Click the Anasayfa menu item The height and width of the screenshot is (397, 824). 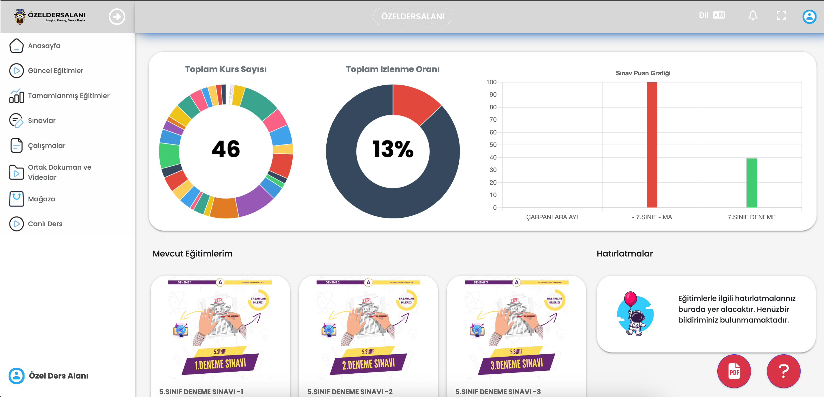(44, 46)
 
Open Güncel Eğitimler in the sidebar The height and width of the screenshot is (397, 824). (55, 70)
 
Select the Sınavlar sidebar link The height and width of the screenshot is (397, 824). (42, 120)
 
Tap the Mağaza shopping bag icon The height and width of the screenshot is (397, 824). (16, 199)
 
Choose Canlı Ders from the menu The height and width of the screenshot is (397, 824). (45, 224)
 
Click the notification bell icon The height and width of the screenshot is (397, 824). (753, 15)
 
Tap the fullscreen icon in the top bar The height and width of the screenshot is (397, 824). (781, 15)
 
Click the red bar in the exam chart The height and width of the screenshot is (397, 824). (652, 144)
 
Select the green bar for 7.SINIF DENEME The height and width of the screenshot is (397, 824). (751, 183)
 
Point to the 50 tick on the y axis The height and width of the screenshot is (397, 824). (493, 145)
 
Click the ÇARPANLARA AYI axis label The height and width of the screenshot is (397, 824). (552, 217)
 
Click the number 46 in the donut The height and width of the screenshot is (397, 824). (226, 149)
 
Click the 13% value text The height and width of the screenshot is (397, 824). (393, 149)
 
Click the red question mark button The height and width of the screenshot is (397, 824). (783, 371)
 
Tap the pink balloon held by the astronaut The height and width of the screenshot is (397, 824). (630, 298)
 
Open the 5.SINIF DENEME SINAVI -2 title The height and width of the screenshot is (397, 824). (350, 392)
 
